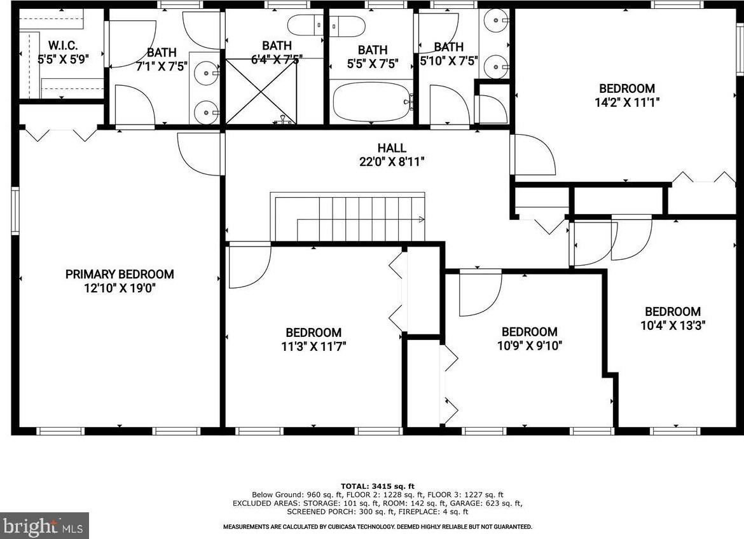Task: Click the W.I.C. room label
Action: (x=62, y=45)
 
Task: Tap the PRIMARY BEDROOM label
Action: (x=120, y=274)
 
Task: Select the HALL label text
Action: (x=391, y=148)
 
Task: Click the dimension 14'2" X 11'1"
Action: (x=626, y=102)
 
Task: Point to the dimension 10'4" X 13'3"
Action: (x=673, y=325)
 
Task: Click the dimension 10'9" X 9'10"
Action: (x=529, y=345)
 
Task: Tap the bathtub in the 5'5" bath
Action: (x=373, y=102)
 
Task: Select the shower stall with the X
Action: (x=262, y=91)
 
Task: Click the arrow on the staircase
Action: (x=421, y=219)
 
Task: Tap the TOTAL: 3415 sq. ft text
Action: (x=378, y=486)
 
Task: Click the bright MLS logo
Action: (x=44, y=526)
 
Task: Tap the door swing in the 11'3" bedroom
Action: (x=248, y=266)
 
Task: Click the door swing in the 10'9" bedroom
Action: (x=478, y=292)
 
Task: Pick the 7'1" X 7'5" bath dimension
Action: (x=162, y=65)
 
